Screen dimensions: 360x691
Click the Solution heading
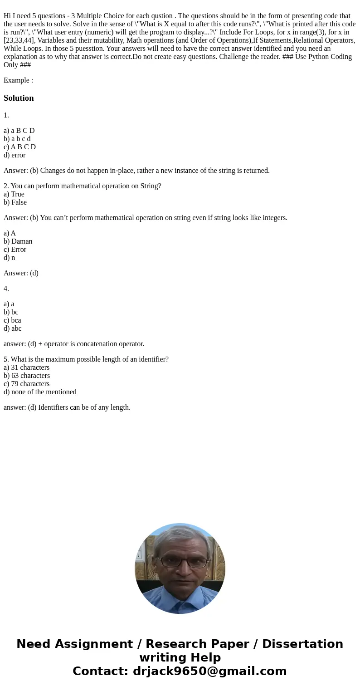[x=19, y=98]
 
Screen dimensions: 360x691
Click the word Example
[x=17, y=80]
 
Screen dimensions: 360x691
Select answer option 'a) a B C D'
[x=19, y=131]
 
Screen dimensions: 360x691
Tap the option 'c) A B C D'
[x=19, y=147]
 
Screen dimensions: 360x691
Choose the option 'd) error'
[x=15, y=155]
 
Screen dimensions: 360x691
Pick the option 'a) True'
[x=14, y=194]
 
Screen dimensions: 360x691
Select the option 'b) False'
[x=15, y=202]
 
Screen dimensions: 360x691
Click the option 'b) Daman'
[x=18, y=241]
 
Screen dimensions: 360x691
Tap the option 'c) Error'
[x=15, y=250]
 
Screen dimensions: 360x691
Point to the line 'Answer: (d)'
[x=21, y=273]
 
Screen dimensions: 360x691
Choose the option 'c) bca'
[x=12, y=320]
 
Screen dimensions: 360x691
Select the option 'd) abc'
[x=13, y=328]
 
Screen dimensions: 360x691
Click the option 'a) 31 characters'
[x=26, y=368]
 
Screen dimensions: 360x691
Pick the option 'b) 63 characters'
[x=27, y=376]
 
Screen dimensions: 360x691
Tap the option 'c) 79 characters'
[x=26, y=384]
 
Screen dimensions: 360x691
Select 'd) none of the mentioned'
[x=40, y=392]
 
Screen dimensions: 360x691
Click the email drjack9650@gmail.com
[x=209, y=671]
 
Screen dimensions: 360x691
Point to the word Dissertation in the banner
[x=302, y=644]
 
